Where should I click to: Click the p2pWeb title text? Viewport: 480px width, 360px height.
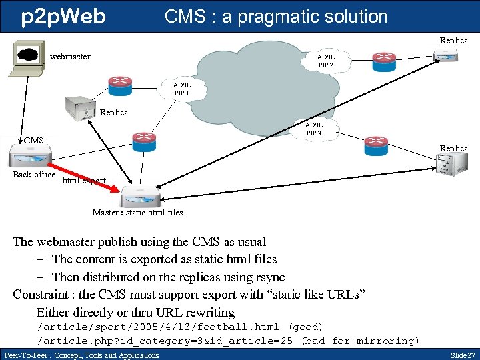pos(63,17)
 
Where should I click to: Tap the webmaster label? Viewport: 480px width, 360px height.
pos(70,57)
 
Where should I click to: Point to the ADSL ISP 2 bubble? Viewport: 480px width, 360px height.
pos(325,61)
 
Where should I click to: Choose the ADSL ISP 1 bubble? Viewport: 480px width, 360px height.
pos(181,89)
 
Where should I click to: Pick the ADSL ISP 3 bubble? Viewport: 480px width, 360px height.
pos(313,129)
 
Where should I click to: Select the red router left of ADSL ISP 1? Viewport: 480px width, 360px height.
pos(121,82)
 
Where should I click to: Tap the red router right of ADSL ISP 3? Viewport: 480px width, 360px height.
pos(375,143)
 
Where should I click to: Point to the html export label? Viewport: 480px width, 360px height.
pos(84,181)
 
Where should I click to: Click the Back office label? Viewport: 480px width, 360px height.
pos(34,175)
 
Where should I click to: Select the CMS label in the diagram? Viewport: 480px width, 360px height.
pos(33,140)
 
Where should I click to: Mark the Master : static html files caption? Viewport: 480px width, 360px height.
pos(137,213)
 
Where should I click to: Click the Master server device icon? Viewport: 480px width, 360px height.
pos(140,197)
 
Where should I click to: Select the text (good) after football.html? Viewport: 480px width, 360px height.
pos(304,327)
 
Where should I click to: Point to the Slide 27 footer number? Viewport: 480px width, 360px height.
pos(462,355)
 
